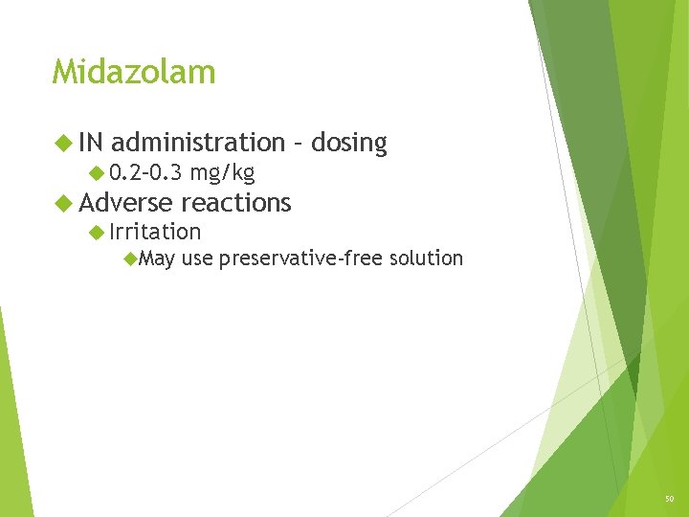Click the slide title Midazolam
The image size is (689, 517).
point(134,72)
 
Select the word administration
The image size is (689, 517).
point(198,143)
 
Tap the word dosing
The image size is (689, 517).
point(348,144)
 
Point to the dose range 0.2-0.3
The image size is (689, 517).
point(145,173)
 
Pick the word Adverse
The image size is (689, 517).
point(125,202)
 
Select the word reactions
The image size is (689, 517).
point(235,202)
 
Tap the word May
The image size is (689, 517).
point(157,258)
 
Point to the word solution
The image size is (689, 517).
point(425,258)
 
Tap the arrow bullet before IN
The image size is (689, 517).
point(63,144)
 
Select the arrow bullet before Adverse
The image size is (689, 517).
point(63,203)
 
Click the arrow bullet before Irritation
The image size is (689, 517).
point(96,232)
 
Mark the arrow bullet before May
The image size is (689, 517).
point(130,258)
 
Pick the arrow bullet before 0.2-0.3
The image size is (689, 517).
point(96,173)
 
